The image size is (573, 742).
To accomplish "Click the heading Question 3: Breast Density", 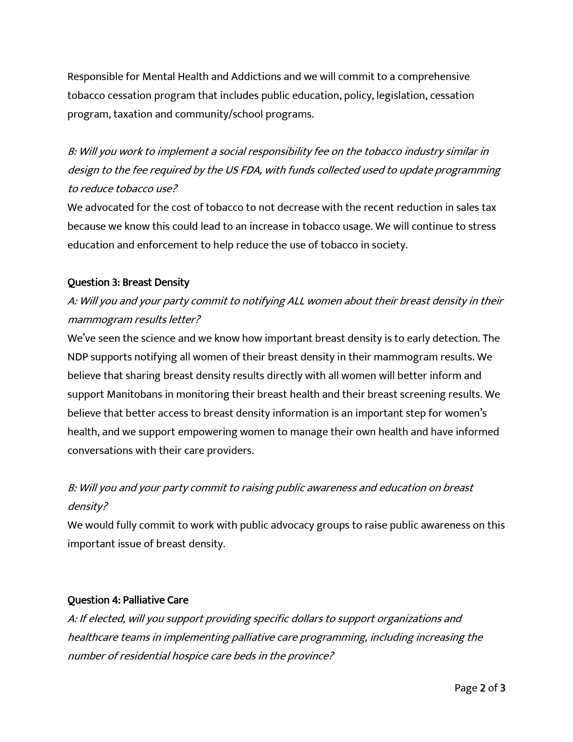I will click(x=128, y=282).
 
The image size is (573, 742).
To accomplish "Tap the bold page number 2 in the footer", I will click(x=483, y=688).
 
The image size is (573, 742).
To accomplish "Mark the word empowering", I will click(x=207, y=432).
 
